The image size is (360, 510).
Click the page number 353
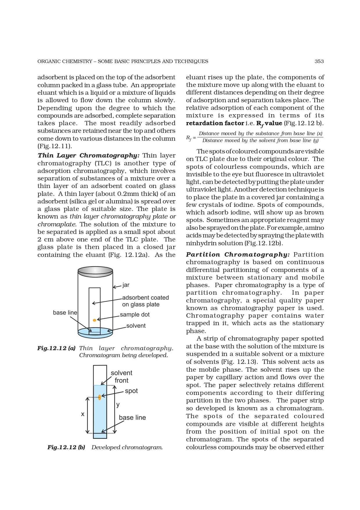pos(319,61)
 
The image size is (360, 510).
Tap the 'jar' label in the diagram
pos(126,285)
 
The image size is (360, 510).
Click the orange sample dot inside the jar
pos(94,320)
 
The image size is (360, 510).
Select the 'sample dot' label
pos(135,315)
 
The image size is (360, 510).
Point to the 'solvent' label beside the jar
pos(136,326)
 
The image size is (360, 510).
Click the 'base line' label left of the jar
pos(65,313)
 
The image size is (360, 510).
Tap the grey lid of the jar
pos(95,271)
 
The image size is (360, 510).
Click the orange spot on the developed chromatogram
pos(100,397)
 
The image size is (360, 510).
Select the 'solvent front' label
pos(121,377)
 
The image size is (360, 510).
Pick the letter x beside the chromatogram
pos(82,414)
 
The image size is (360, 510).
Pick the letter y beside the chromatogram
pos(118,405)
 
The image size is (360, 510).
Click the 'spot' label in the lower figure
pos(131,391)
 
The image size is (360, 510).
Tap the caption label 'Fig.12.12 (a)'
pos(56,348)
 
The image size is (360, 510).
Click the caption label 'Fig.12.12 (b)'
pos(66,447)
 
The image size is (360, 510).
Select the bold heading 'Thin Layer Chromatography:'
pos(89,155)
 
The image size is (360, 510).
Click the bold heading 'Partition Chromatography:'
pos(237,255)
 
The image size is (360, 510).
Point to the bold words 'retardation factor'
pos(215,123)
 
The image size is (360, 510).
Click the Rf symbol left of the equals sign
pos(189,138)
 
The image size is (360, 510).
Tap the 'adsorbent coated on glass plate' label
pos(145,301)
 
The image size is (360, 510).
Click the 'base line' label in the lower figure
pos(132,418)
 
